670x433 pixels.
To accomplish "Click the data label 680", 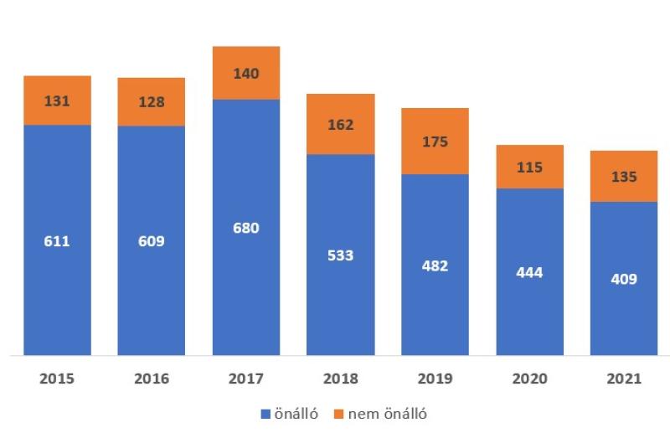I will coord(246,228).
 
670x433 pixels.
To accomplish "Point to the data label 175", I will coord(435,141).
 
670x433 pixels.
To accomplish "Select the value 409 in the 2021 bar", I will coord(624,279).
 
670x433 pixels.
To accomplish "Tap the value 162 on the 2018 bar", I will coord(341,125).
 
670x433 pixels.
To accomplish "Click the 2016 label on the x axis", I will coord(152,379).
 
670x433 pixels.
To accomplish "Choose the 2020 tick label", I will coord(529,379).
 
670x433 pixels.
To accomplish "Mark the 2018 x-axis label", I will coord(341,379).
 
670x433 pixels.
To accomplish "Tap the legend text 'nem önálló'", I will coord(388,414).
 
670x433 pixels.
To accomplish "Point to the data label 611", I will coord(57,241).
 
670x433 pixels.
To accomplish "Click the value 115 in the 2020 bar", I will coord(529,168).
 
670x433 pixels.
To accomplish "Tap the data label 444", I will coord(529,273).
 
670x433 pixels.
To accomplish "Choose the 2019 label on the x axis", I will coord(435,379).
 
